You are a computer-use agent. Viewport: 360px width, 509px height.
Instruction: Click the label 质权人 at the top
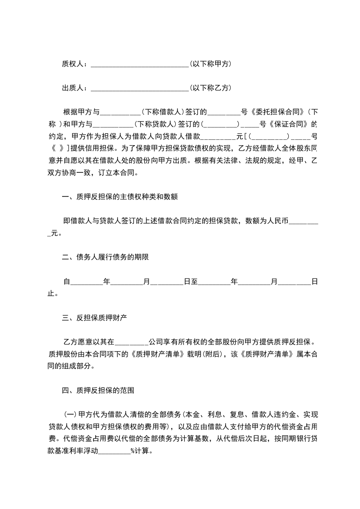tap(73, 64)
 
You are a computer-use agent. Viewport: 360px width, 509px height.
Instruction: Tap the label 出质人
tap(73, 88)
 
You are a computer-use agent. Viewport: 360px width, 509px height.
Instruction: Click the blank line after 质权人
tap(139, 65)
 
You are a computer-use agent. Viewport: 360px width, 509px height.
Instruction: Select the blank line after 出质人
tap(139, 89)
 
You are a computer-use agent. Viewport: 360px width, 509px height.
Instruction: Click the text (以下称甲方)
tap(211, 64)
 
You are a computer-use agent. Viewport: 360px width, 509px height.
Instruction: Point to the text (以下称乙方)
tap(211, 88)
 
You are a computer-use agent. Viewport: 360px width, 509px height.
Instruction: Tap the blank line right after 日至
tap(214, 283)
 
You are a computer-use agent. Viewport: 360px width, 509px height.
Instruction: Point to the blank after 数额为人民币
tap(303, 222)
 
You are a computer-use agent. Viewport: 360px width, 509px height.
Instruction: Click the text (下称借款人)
tap(162, 112)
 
